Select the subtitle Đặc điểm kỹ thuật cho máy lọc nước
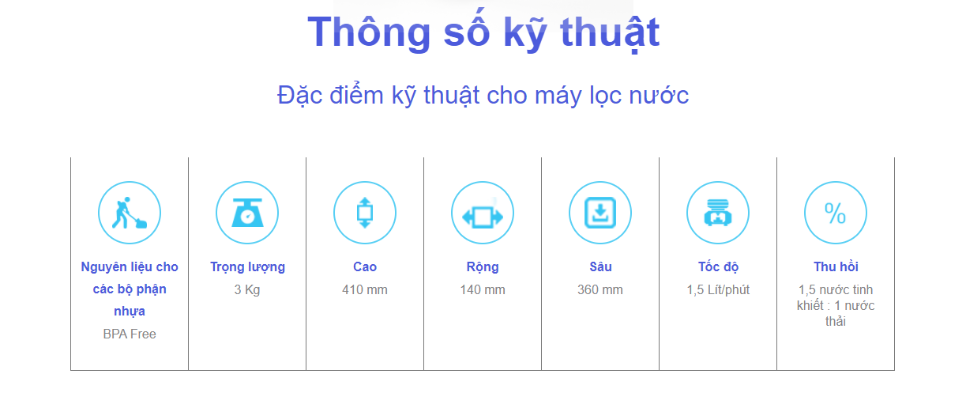click(483, 96)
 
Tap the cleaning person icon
click(130, 213)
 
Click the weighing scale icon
click(247, 213)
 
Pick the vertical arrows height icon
click(365, 213)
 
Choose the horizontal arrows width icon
click(483, 213)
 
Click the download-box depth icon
click(600, 213)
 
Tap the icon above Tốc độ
click(718, 213)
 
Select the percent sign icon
click(836, 213)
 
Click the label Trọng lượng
click(247, 267)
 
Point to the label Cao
click(365, 266)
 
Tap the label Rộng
click(483, 267)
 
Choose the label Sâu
click(600, 266)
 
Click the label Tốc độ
click(719, 266)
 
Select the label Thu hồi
click(836, 266)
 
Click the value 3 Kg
click(247, 289)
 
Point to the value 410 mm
click(365, 289)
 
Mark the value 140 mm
click(483, 289)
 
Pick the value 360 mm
click(600, 289)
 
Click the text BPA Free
click(130, 334)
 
